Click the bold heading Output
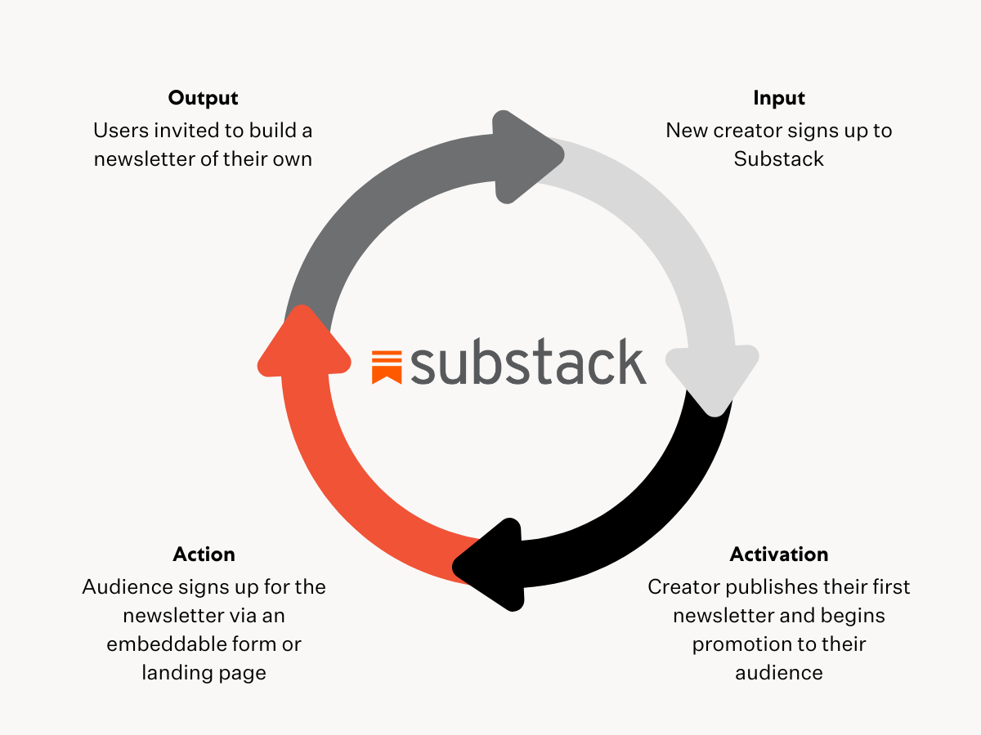(x=203, y=98)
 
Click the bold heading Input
(x=779, y=98)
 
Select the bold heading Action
(x=204, y=554)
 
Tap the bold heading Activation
(x=779, y=554)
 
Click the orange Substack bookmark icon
(x=387, y=366)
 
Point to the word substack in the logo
(x=528, y=363)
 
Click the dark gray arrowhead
(x=523, y=156)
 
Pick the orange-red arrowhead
(x=298, y=343)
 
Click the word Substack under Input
(x=778, y=158)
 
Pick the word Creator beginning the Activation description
(x=682, y=587)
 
